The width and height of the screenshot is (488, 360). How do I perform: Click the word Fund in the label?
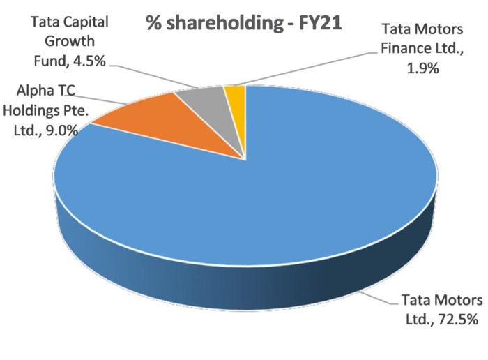(49, 61)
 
